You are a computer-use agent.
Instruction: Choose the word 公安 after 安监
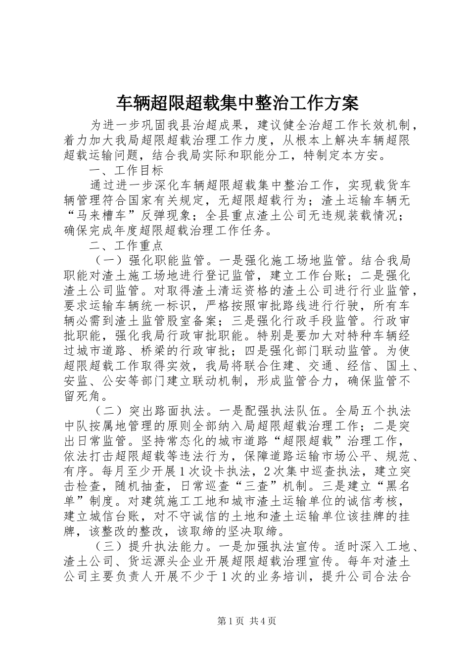coord(114,381)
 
